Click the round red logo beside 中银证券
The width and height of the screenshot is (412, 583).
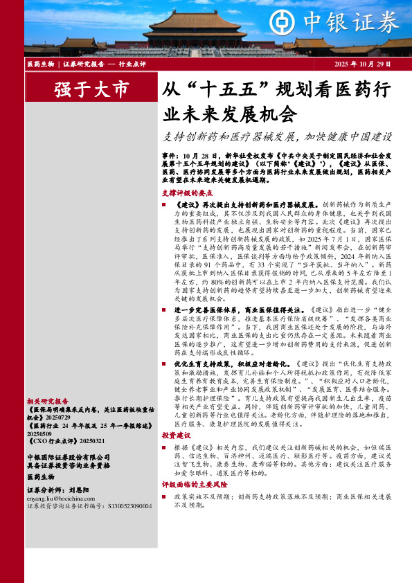point(283,22)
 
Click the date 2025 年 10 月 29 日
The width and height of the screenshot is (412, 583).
point(363,64)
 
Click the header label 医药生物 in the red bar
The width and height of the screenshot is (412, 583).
point(40,64)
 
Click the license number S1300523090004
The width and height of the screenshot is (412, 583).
point(129,506)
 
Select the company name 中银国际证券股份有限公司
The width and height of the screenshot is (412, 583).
point(68,457)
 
